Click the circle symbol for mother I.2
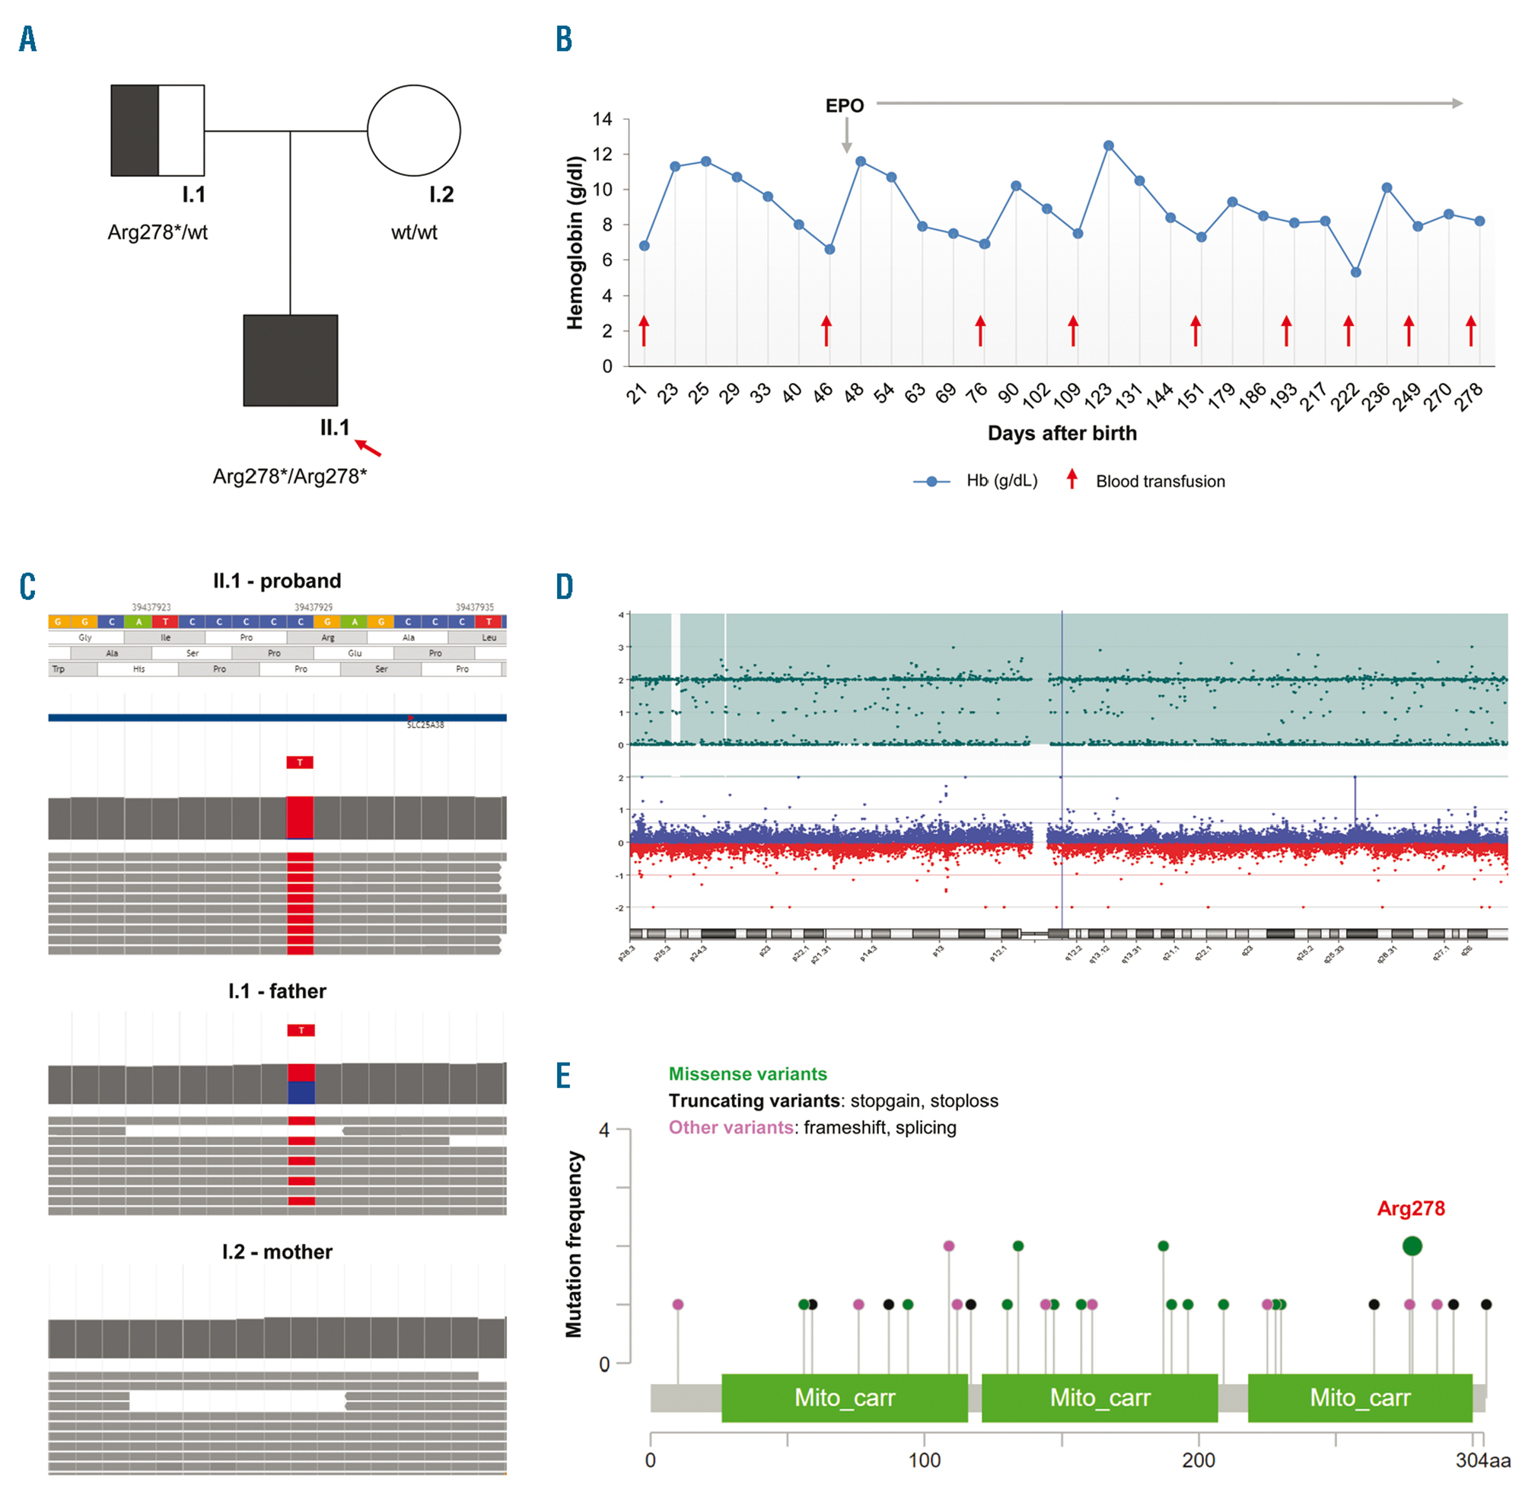click(413, 131)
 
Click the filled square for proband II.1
click(290, 361)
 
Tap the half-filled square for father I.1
click(157, 131)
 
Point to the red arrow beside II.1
click(369, 448)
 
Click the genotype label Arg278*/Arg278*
click(289, 477)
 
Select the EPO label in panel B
click(844, 106)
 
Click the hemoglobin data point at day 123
click(1109, 146)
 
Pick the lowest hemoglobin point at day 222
click(1355, 273)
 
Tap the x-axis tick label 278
click(1469, 397)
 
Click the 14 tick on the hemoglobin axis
click(602, 120)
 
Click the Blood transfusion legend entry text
click(1160, 482)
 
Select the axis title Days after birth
click(1062, 433)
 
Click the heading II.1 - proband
click(277, 581)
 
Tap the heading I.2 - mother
click(277, 1252)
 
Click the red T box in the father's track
click(301, 1031)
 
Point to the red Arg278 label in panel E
click(1410, 1208)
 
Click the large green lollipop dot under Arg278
click(1412, 1246)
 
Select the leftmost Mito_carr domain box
click(844, 1398)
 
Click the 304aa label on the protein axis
click(1482, 1460)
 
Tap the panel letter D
click(565, 586)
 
